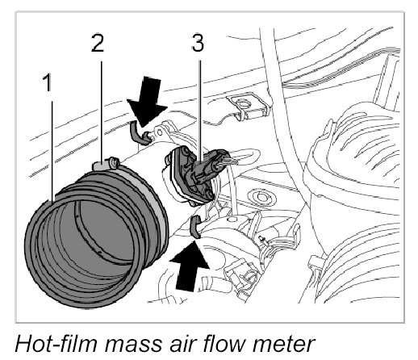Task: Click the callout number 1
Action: [48, 82]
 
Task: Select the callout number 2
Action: [98, 43]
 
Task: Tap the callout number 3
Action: [198, 43]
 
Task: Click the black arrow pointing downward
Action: [148, 102]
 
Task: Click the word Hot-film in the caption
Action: [56, 343]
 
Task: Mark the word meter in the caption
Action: [284, 345]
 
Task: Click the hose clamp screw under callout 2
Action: [114, 162]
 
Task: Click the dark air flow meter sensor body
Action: [188, 175]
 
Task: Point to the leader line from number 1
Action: [52, 151]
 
